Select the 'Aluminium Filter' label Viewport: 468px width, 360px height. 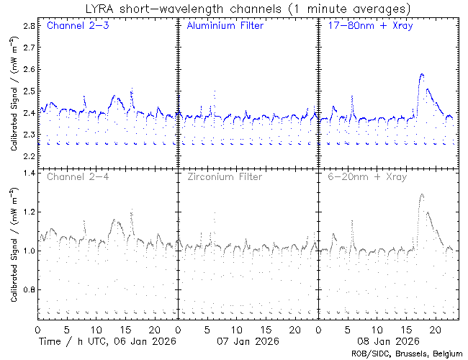pos(225,26)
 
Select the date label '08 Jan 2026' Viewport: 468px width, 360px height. pos(387,341)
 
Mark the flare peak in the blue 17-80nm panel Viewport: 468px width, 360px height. pos(422,74)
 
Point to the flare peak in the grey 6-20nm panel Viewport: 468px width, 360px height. pos(421,194)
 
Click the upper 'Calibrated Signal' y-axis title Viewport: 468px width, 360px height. pos(14,94)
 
